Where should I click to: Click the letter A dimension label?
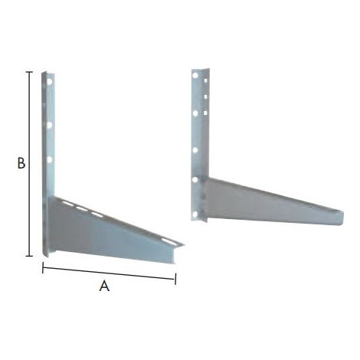pos(104,286)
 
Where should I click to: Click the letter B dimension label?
pos(21,163)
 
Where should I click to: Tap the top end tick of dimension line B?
pos(29,72)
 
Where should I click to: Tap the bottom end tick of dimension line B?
pos(29,256)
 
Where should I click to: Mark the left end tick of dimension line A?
pos(43,267)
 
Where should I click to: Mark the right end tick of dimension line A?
pos(175,279)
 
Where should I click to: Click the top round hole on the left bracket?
pos(50,82)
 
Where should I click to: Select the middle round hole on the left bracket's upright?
pos(49,125)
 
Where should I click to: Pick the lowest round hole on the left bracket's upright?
pos(49,160)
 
